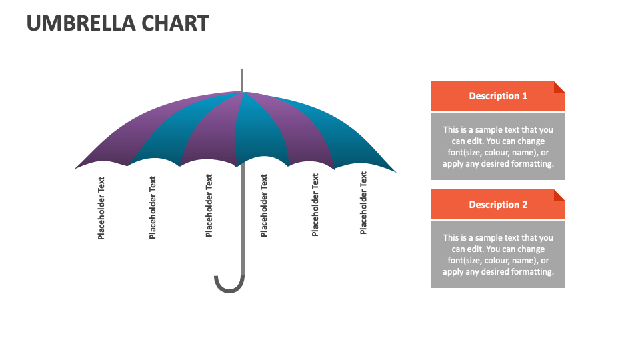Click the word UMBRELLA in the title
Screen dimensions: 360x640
81,23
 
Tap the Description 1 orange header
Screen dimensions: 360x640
497,96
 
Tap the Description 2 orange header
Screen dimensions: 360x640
497,205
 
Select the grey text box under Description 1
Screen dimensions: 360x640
498,147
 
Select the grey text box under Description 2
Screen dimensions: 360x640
498,255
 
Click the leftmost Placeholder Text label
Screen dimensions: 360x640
101,208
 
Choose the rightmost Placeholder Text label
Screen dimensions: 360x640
363,203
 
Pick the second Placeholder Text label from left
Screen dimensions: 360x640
153,207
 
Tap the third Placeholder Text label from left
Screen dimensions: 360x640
209,206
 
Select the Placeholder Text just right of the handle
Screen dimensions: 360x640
264,206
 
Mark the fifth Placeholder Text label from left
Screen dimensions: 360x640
315,205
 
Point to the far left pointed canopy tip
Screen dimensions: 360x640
76,168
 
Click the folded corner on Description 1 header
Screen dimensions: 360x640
559,87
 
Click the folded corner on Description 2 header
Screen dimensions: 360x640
559,195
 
